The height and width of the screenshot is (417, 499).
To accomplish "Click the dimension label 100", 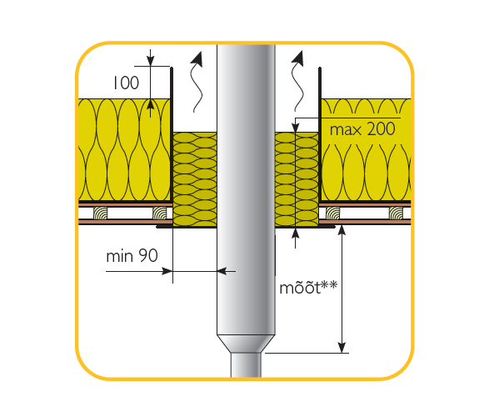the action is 126,83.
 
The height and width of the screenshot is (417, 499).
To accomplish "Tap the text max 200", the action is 362,129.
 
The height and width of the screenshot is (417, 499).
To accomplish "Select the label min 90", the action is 132,255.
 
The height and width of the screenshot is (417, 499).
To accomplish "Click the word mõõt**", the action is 308,288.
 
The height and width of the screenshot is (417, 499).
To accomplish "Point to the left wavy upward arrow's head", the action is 198,59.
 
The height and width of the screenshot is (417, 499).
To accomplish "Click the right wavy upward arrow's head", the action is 298,59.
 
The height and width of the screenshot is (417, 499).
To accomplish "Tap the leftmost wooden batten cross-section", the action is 100,213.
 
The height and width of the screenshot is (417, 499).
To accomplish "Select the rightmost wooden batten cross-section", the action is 396,213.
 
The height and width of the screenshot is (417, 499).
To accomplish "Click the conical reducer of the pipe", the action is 246,344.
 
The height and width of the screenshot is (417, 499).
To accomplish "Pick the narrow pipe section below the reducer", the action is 246,364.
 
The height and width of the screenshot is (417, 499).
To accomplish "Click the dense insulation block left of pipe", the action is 195,179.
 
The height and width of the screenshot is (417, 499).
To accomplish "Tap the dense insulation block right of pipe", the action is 297,179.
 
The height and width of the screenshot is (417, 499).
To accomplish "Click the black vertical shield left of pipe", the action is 172,133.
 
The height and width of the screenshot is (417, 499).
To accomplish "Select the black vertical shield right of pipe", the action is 320,133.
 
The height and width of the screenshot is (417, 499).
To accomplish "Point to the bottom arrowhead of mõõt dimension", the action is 342,347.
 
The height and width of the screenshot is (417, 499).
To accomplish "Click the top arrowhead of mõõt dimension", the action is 342,230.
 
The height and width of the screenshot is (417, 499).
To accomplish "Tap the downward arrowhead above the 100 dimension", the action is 150,61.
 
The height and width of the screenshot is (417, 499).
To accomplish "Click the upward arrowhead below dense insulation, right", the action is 296,233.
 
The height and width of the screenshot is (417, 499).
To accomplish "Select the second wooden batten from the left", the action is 159,213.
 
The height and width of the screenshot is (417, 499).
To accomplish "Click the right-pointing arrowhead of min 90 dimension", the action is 167,271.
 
